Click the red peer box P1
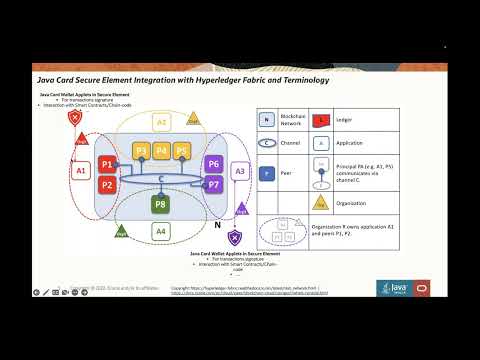click(107, 164)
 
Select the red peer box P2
click(107, 184)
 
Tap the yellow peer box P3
click(142, 151)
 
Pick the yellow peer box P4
click(161, 151)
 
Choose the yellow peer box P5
click(181, 151)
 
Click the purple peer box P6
click(212, 164)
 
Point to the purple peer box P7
click(212, 184)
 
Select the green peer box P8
click(161, 204)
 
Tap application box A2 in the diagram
click(161, 121)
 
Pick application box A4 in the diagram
click(161, 231)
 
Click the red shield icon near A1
click(73, 118)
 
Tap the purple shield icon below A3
click(234, 237)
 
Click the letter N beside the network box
click(218, 227)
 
